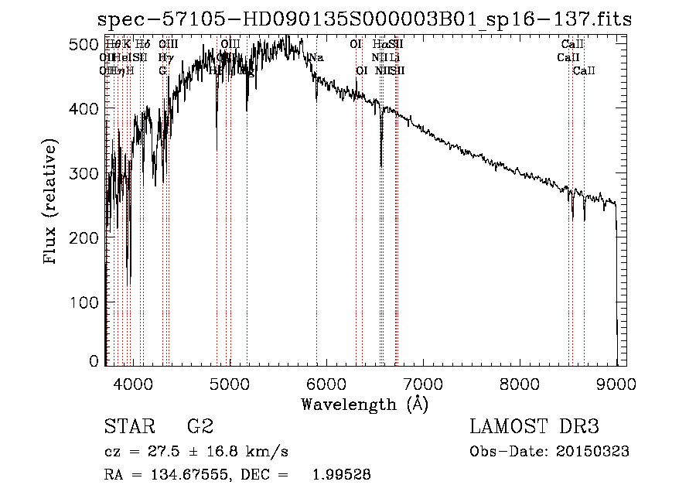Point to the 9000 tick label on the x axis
[x=616, y=384]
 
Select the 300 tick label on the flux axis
[x=84, y=174]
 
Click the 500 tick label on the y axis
[x=84, y=45]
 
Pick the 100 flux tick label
[x=84, y=302]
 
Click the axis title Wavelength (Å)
[x=364, y=405]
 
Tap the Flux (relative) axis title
[x=51, y=203]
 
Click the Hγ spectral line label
[x=164, y=58]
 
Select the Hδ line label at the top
[x=142, y=45]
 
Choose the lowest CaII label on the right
[x=584, y=71]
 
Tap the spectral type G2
[x=200, y=427]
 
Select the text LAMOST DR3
[x=534, y=427]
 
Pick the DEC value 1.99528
[x=341, y=475]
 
